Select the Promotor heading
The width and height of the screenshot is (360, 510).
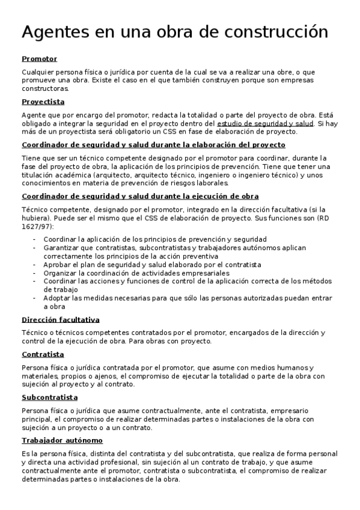[39, 59]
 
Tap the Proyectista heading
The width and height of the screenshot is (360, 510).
[43, 102]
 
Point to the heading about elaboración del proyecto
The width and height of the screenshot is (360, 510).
[153, 145]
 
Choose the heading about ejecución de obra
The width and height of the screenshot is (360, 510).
[140, 196]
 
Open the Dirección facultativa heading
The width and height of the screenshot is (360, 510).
[60, 320]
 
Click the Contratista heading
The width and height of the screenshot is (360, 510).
[43, 354]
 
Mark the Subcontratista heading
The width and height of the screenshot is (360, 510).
[49, 398]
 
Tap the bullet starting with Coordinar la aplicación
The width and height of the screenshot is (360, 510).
[154, 239]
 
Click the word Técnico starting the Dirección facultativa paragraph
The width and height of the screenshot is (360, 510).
[35, 333]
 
